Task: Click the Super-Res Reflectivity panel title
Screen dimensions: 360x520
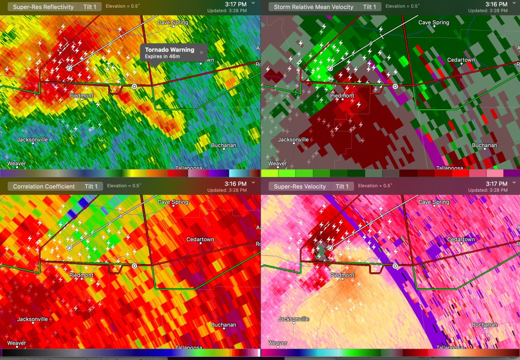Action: click(43, 7)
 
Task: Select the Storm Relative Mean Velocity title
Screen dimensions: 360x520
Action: click(313, 7)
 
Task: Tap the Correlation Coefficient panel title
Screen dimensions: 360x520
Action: click(44, 187)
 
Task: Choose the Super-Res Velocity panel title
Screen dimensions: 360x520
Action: click(300, 187)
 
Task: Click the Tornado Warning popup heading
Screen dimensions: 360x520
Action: click(170, 50)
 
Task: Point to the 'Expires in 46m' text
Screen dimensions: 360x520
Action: click(162, 57)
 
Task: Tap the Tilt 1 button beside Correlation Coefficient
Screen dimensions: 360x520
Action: click(91, 187)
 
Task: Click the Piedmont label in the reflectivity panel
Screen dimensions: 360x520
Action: click(81, 96)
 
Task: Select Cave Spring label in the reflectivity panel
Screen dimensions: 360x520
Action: click(173, 22)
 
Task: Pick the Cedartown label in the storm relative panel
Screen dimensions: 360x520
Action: click(461, 60)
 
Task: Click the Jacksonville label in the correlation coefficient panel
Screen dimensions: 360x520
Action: click(32, 319)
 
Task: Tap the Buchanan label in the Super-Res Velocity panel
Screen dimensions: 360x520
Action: click(485, 325)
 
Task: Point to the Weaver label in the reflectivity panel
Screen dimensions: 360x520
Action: click(17, 164)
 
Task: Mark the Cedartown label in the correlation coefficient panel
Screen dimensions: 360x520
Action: click(200, 239)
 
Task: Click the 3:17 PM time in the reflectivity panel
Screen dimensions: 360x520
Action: click(236, 4)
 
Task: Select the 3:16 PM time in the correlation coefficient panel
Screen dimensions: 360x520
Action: click(236, 184)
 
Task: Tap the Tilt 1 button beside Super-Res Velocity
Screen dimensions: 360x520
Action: click(342, 187)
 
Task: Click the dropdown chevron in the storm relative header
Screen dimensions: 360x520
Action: click(514, 3)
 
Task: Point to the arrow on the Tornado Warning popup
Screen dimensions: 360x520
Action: click(202, 52)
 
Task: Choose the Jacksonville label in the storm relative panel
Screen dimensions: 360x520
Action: click(294, 140)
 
